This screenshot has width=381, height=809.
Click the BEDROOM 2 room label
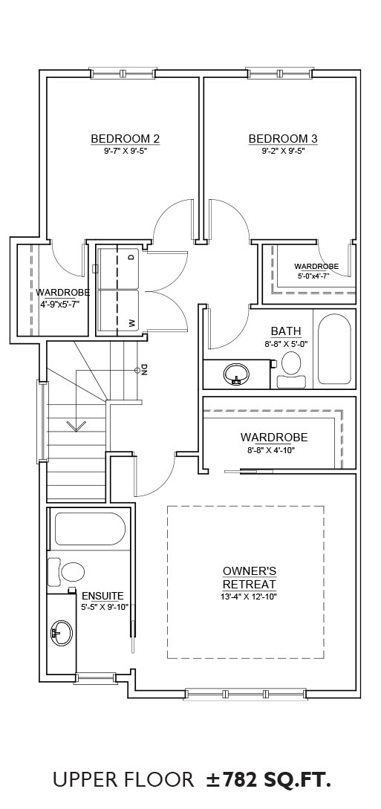(125, 139)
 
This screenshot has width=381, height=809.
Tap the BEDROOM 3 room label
(283, 139)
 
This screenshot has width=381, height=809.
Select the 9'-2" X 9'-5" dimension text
(282, 151)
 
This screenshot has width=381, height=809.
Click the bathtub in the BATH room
(334, 348)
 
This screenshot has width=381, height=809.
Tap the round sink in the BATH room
(237, 374)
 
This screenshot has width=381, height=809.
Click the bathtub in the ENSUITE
(90, 528)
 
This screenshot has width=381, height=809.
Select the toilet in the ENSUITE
(66, 572)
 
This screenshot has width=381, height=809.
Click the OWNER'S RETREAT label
(250, 578)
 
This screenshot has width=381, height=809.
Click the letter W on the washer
(131, 323)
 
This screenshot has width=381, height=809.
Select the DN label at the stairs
(144, 369)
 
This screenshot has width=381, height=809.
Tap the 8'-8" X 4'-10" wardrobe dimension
(274, 450)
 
